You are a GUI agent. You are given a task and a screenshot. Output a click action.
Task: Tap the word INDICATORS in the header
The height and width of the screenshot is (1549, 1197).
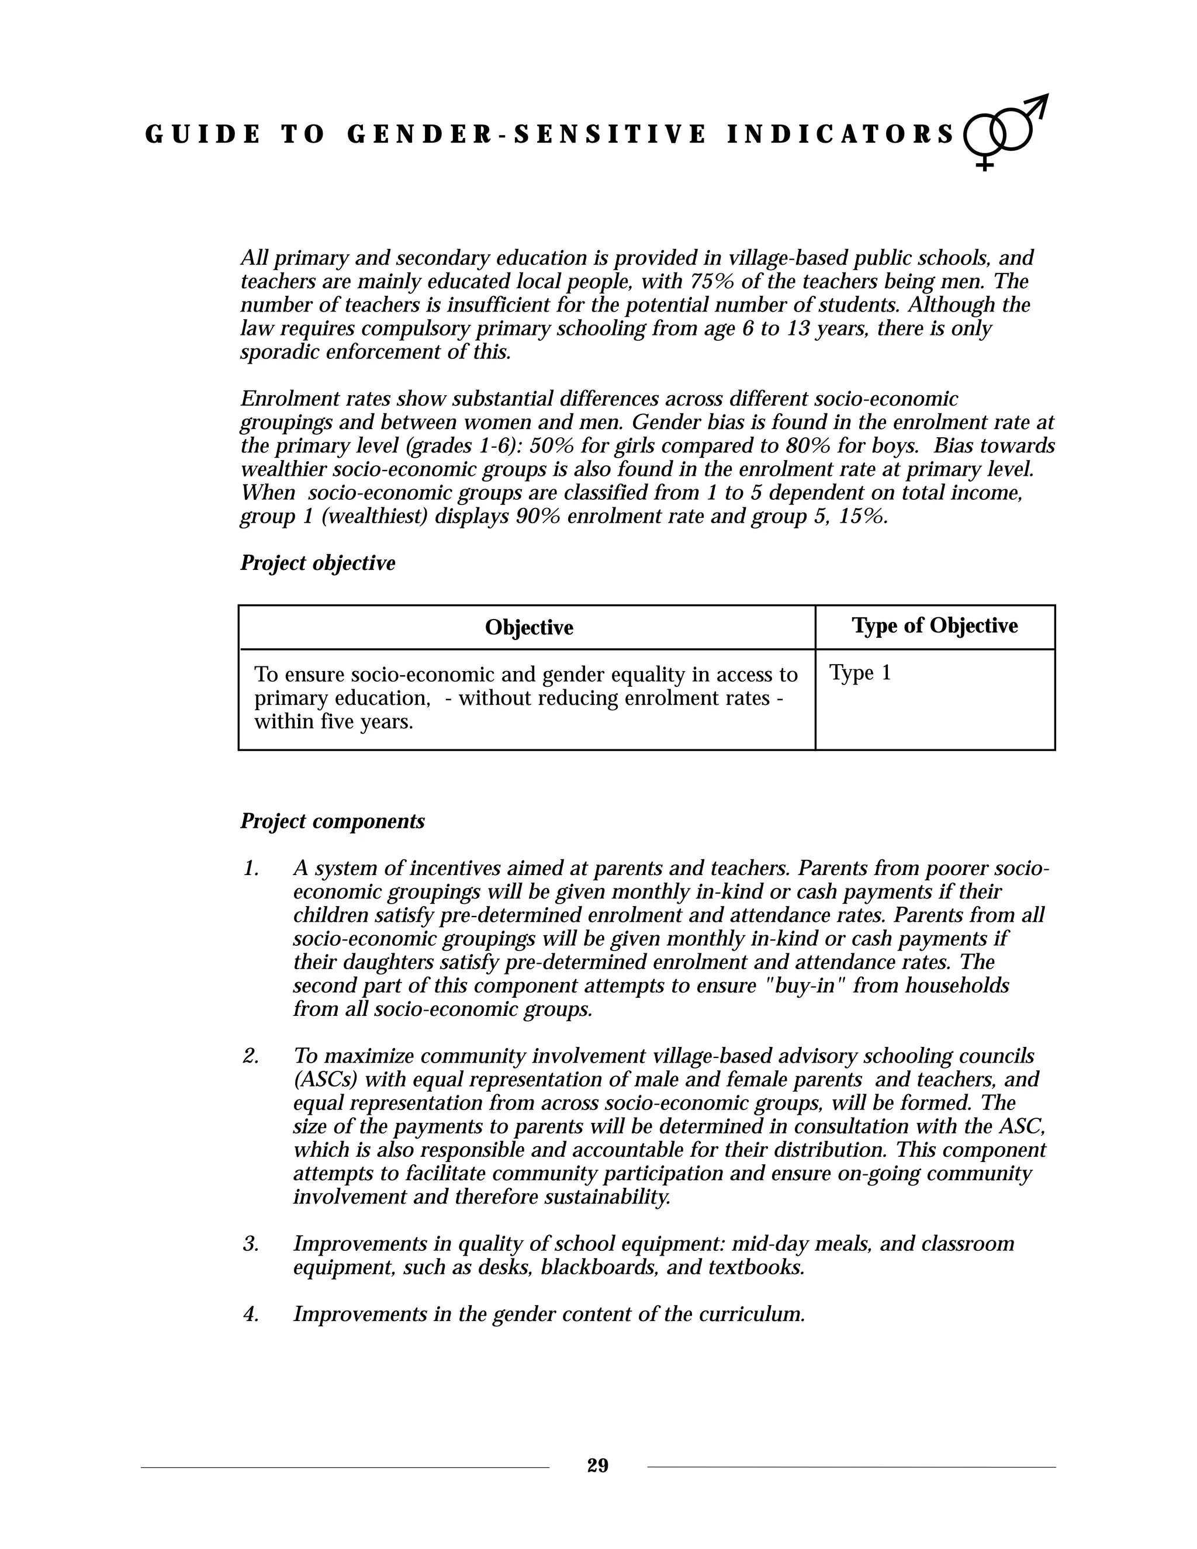pyautogui.click(x=841, y=135)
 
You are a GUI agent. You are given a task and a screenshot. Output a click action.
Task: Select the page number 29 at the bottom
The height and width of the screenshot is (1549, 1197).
pyautogui.click(x=598, y=1465)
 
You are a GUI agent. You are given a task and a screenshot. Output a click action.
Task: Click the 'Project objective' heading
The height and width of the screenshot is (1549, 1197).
pyautogui.click(x=318, y=563)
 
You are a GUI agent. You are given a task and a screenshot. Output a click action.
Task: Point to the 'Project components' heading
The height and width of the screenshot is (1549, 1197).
pyautogui.click(x=333, y=821)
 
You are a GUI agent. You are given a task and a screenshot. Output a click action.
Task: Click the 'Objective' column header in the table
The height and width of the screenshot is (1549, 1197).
pyautogui.click(x=529, y=628)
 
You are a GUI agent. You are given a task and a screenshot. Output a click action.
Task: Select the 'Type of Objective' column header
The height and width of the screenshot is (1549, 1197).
pyautogui.click(x=935, y=625)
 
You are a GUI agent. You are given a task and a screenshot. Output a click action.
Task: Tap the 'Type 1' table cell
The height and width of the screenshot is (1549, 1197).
pyautogui.click(x=860, y=672)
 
